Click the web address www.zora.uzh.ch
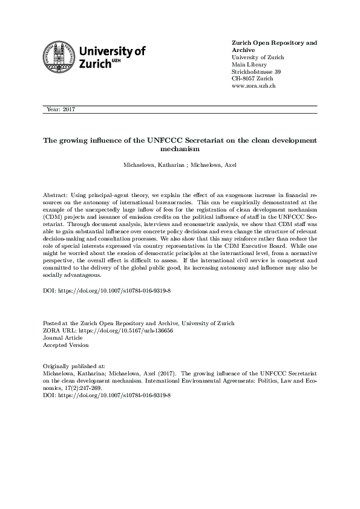[x=254, y=86]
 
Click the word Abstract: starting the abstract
[x=57, y=196]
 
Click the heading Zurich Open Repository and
[x=274, y=43]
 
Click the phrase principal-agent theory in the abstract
[x=119, y=196]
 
